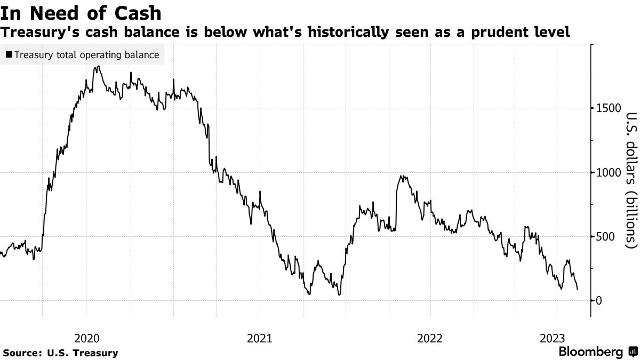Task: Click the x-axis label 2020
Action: (x=86, y=338)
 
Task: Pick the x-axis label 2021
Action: (x=259, y=338)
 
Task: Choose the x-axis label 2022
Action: (x=430, y=338)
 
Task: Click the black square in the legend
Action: (x=9, y=55)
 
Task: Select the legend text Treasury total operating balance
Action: (x=87, y=55)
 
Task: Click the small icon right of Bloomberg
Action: (x=633, y=352)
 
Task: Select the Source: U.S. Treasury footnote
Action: (x=60, y=353)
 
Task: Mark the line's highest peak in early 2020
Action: (x=98, y=67)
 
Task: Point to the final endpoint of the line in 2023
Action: (x=578, y=289)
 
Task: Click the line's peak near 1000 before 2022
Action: (x=401, y=176)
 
